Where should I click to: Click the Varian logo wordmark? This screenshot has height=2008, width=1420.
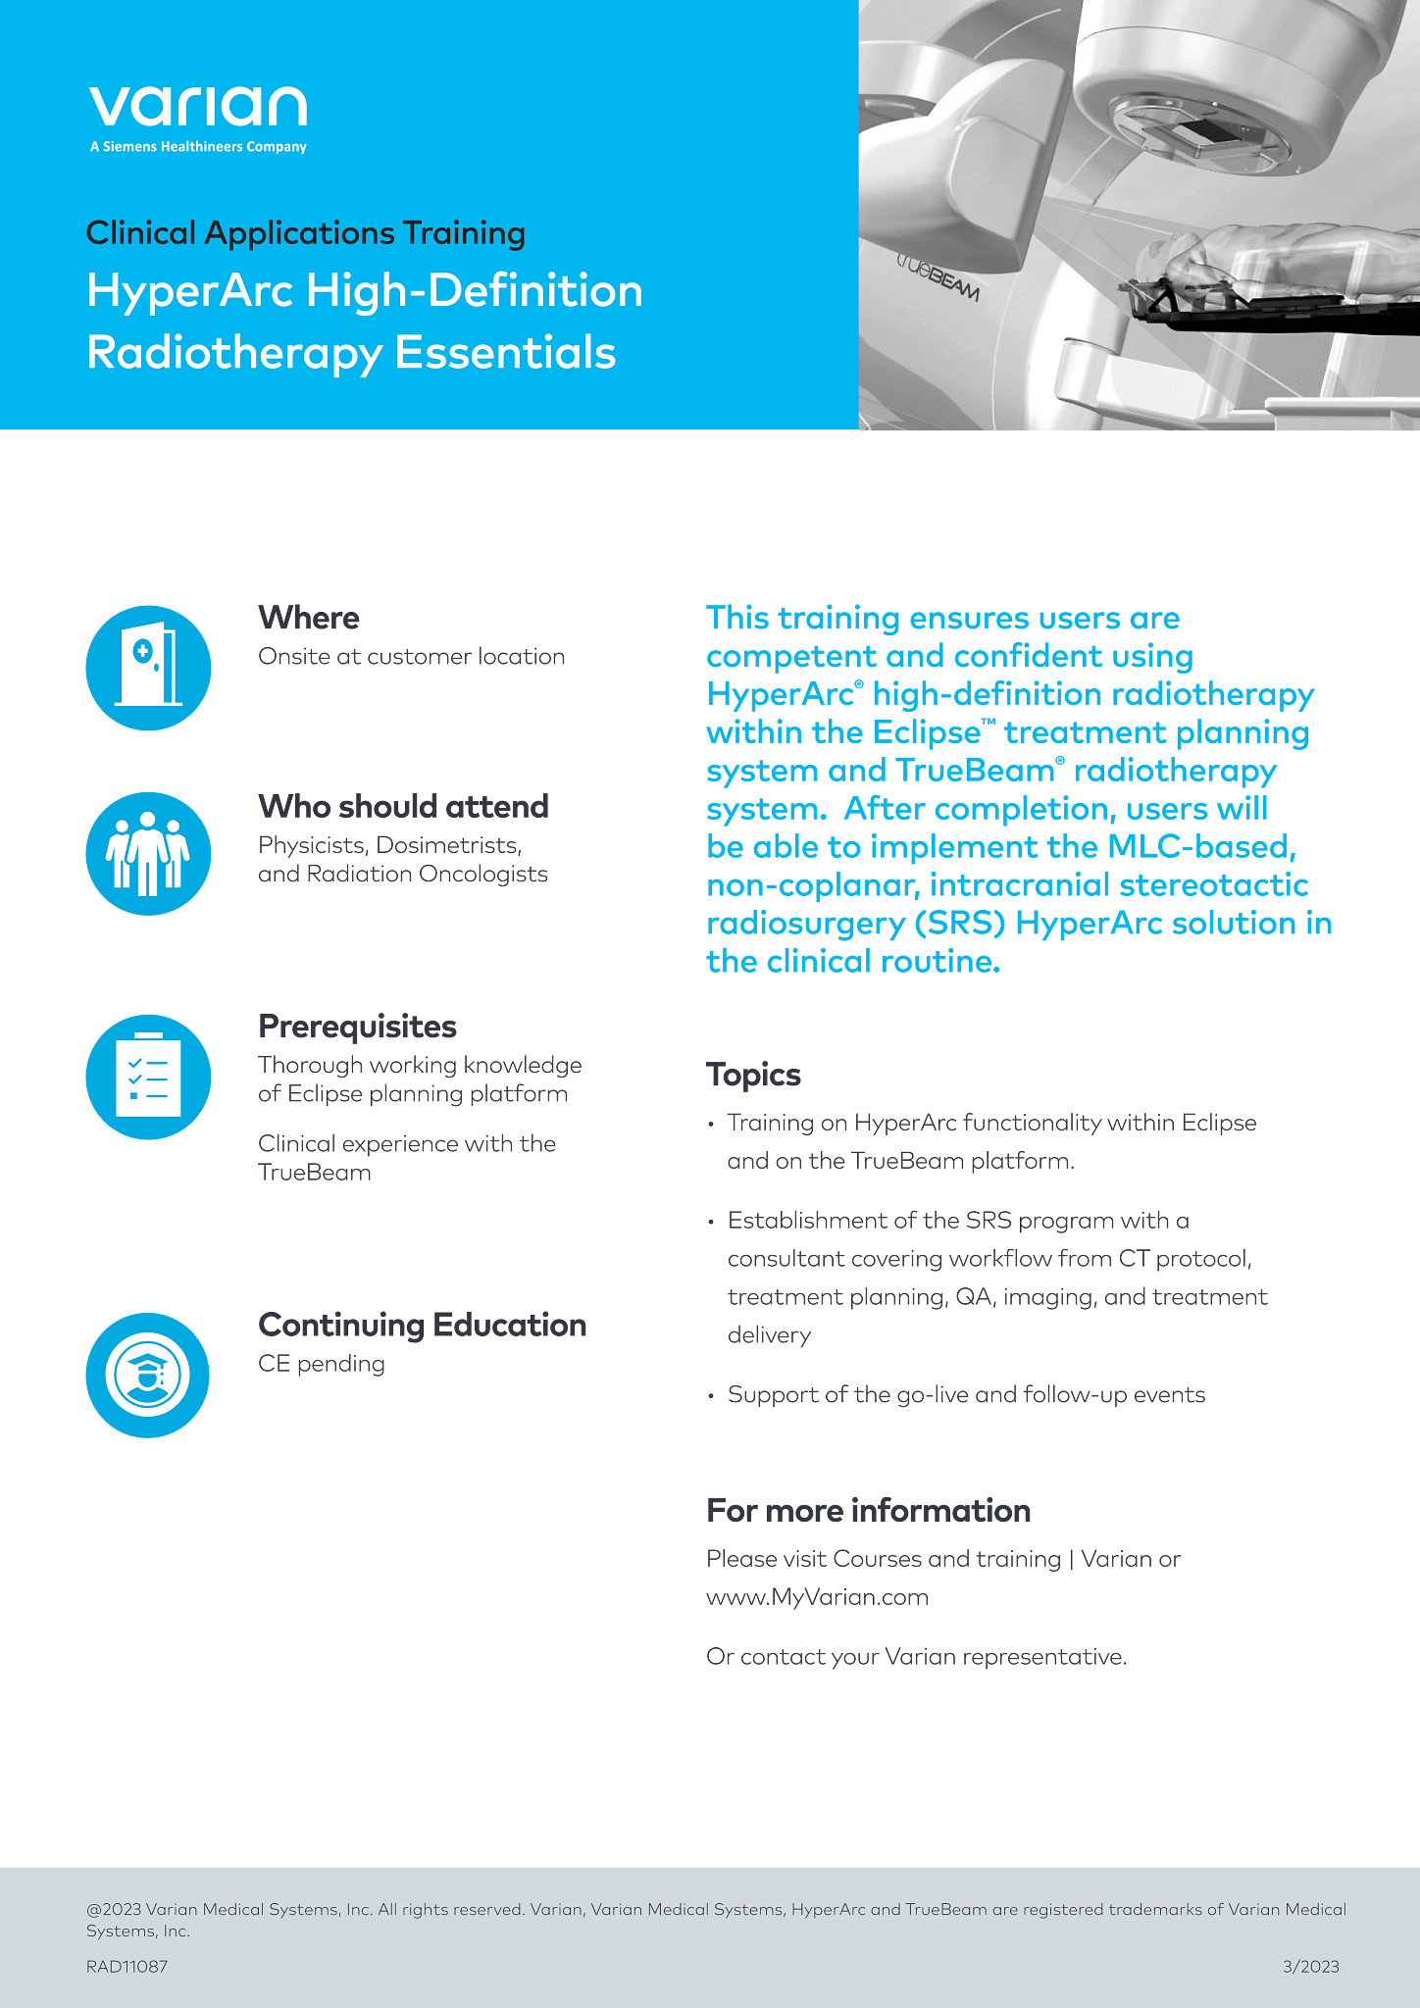tap(197, 106)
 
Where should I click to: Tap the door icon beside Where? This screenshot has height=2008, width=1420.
tap(148, 668)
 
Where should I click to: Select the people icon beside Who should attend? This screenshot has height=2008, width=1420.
tap(148, 854)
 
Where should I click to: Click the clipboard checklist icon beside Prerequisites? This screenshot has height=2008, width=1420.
tap(148, 1077)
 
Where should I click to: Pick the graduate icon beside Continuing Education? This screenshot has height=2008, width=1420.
tap(148, 1375)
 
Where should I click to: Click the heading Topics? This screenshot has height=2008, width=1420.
tap(753, 1075)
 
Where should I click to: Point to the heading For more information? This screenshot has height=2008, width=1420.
tap(868, 1511)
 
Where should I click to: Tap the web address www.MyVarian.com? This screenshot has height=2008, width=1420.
tap(817, 1597)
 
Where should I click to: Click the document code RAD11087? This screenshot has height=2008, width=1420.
tap(127, 1966)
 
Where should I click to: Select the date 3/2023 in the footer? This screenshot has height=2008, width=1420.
tap(1310, 1966)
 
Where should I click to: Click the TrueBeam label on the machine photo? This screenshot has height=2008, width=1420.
tap(938, 275)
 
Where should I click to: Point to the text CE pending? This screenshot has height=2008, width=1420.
tap(321, 1364)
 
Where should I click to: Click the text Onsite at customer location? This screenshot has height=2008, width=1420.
tap(411, 657)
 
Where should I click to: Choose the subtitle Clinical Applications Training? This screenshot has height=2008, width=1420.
tap(306, 233)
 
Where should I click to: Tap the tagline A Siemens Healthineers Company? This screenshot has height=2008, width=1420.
tap(198, 147)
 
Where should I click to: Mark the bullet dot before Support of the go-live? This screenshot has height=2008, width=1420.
tap(712, 1396)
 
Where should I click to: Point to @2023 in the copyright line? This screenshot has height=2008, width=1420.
tap(114, 1910)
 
